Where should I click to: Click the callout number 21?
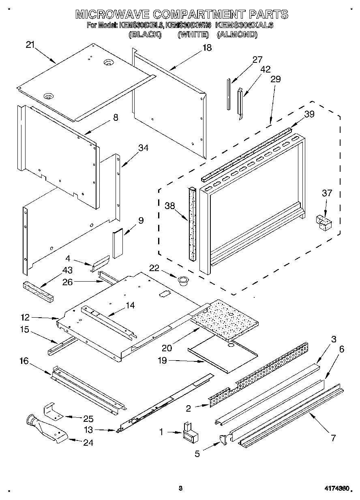click(x=30, y=45)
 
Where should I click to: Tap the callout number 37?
click(x=327, y=193)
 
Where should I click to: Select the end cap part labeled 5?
click(x=224, y=440)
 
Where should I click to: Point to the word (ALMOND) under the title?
click(x=237, y=35)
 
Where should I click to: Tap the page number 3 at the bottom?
click(x=180, y=489)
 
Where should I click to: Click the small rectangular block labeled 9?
click(x=118, y=243)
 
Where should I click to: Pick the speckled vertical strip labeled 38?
click(x=192, y=223)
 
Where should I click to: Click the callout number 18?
click(x=207, y=48)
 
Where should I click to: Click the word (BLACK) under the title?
click(x=145, y=35)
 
